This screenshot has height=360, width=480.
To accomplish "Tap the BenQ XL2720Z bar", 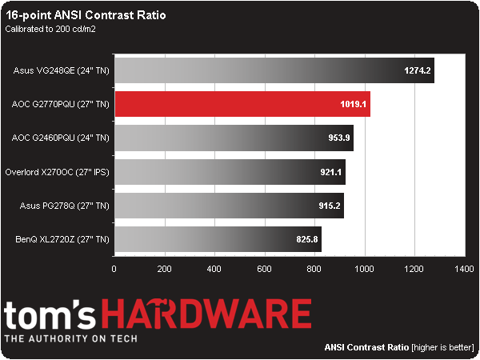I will (x=218, y=238).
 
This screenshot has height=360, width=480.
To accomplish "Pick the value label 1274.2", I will (x=416, y=70).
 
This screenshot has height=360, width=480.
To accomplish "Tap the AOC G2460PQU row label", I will (x=61, y=138).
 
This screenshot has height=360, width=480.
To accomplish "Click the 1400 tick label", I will (x=463, y=269).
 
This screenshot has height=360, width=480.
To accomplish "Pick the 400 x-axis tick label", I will (x=214, y=269).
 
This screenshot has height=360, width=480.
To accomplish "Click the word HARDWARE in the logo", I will (x=220, y=314).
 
